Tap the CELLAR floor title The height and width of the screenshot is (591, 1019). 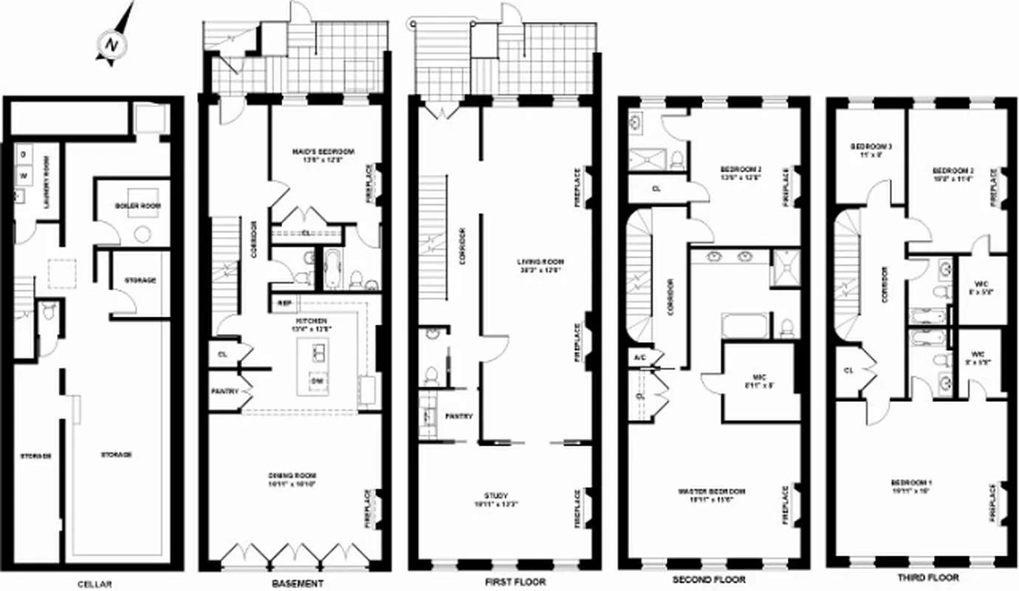tap(95, 584)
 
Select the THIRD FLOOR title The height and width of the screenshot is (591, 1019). tap(924, 577)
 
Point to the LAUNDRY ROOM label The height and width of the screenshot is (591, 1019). tap(46, 181)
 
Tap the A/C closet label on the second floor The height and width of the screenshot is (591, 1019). tap(639, 357)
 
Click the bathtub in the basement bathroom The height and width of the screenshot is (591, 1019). tap(330, 270)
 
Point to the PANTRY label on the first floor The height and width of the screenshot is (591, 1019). tap(459, 417)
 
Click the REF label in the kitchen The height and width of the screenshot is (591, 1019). tap(284, 304)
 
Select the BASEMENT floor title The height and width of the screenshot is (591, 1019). tap(298, 584)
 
